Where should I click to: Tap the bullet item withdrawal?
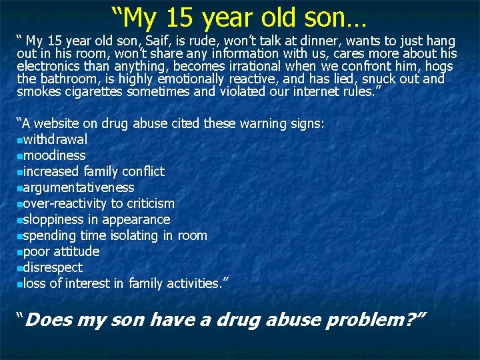tap(55, 139)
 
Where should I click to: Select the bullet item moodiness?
tap(54, 155)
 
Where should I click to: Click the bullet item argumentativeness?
tap(79, 187)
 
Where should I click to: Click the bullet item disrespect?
tap(53, 267)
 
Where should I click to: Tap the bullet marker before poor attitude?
tap(19, 252)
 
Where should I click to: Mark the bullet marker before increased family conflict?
tap(19, 172)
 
